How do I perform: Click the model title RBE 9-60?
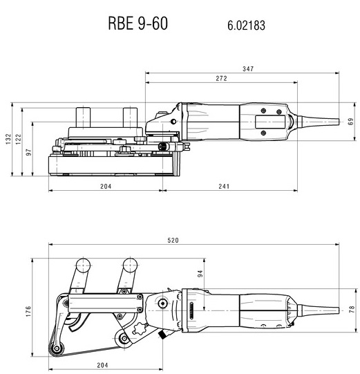point(138,23)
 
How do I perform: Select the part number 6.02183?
point(246,26)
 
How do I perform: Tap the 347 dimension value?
point(248,69)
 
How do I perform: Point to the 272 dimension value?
point(222,79)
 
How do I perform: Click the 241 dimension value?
point(224,186)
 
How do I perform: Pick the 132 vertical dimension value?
point(8,139)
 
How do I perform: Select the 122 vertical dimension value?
point(19,139)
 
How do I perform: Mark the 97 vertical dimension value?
point(28,152)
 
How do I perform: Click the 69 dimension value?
point(351,122)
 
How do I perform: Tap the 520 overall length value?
point(173,240)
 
